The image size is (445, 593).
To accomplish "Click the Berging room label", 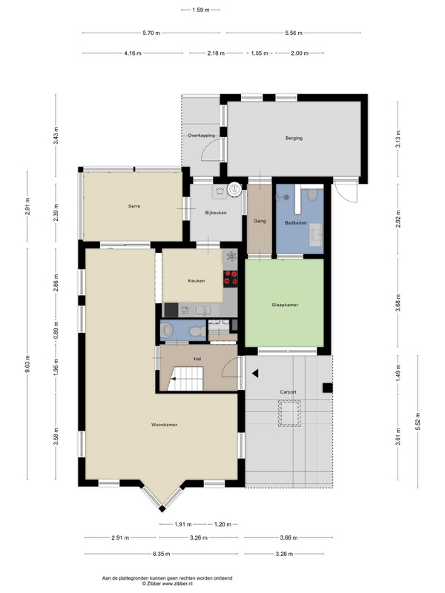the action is pos(294,138).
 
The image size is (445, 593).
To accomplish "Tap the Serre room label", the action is pos(134,206).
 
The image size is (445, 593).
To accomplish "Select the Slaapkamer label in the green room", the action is pos(285,305).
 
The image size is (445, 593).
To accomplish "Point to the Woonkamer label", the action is pos(164,425).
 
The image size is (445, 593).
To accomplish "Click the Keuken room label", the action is pos(197,281).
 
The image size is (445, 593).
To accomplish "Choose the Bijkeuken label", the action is pos(216,213).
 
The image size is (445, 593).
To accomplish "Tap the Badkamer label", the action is pos(296,223).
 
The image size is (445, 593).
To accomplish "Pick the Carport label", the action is pos(288,392).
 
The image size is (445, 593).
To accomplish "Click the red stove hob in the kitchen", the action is pos(231,277).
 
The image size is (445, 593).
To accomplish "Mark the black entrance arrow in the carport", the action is pos(255,374).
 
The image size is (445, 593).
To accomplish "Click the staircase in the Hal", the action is pos(185,379).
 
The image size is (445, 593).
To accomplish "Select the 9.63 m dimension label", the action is pos(27,364).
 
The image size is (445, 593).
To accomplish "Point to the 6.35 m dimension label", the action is pos(161,554).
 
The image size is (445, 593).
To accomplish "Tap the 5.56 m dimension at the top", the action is pos(294,33).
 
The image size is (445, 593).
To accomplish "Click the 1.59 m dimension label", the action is pos(200,10).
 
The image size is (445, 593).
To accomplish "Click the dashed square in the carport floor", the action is pos(289,414).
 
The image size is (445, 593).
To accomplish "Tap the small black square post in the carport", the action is pos(327,388).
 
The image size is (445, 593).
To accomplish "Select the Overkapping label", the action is pos(201,136).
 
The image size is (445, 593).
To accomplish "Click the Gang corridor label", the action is pos(260,221).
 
